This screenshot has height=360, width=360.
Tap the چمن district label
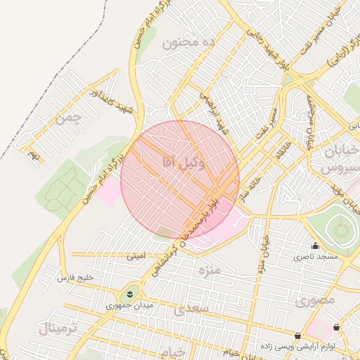coord(68,117)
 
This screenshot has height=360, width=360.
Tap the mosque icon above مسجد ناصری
coord(315,246)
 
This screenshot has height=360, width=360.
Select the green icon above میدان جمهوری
coord(131,292)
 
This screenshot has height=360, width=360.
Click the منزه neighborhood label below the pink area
coord(209,269)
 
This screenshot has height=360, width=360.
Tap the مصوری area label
coord(314,300)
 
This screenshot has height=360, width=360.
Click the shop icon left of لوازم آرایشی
coord(300,336)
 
